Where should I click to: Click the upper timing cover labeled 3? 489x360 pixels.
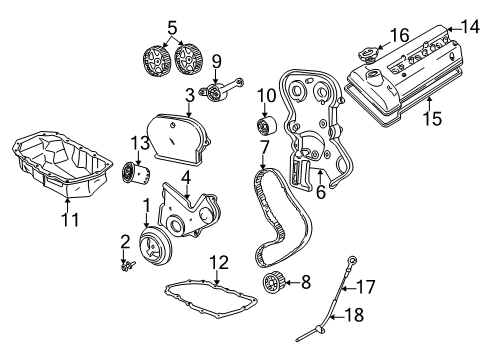(178, 139)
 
